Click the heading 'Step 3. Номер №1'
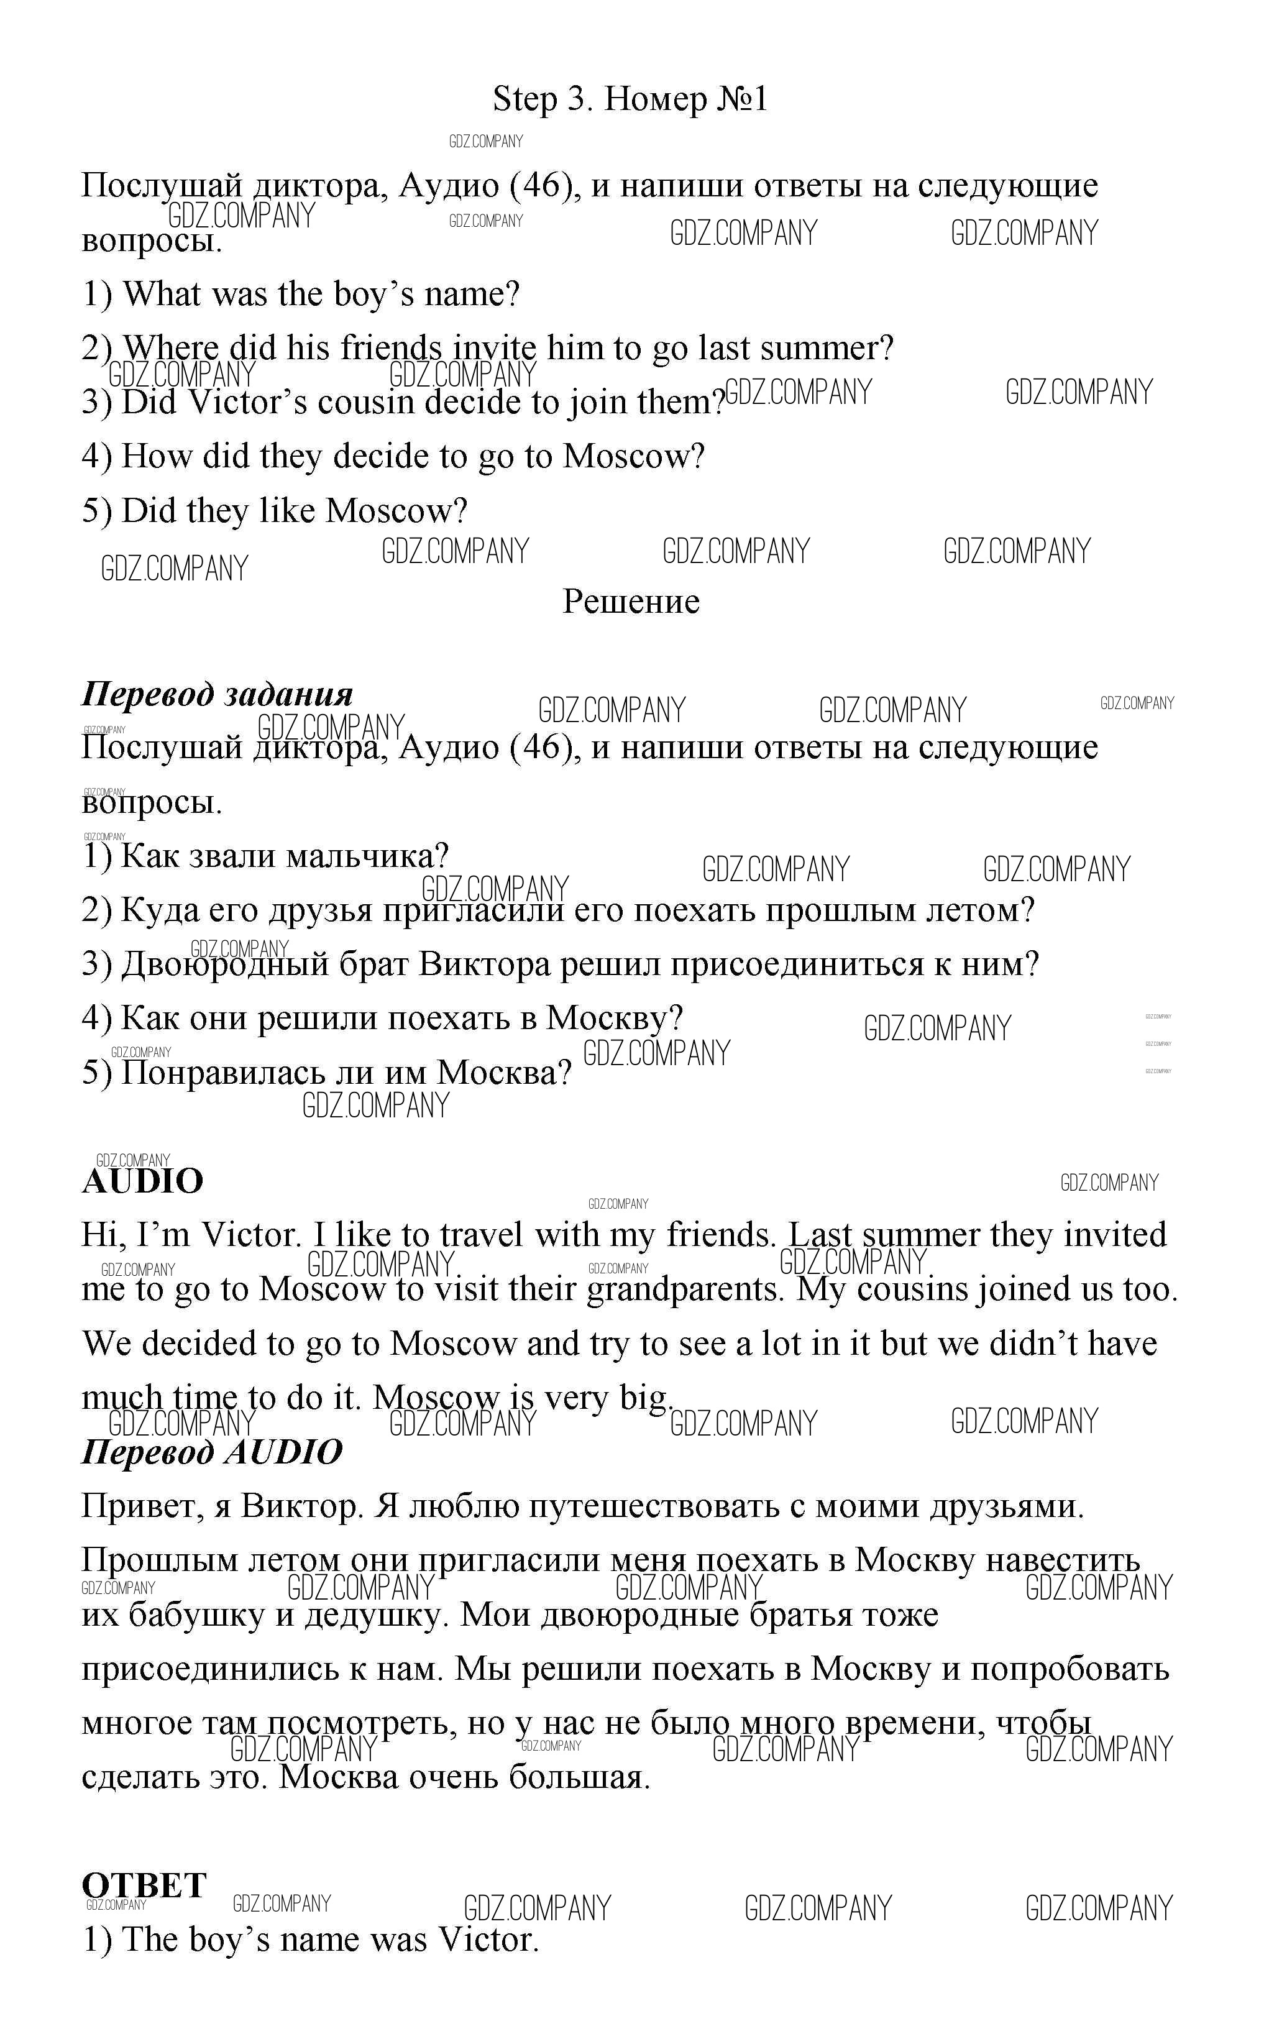(x=630, y=99)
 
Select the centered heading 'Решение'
(x=630, y=602)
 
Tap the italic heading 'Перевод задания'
(x=216, y=695)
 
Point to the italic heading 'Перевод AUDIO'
(x=211, y=1452)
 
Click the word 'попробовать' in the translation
(x=1070, y=1670)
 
